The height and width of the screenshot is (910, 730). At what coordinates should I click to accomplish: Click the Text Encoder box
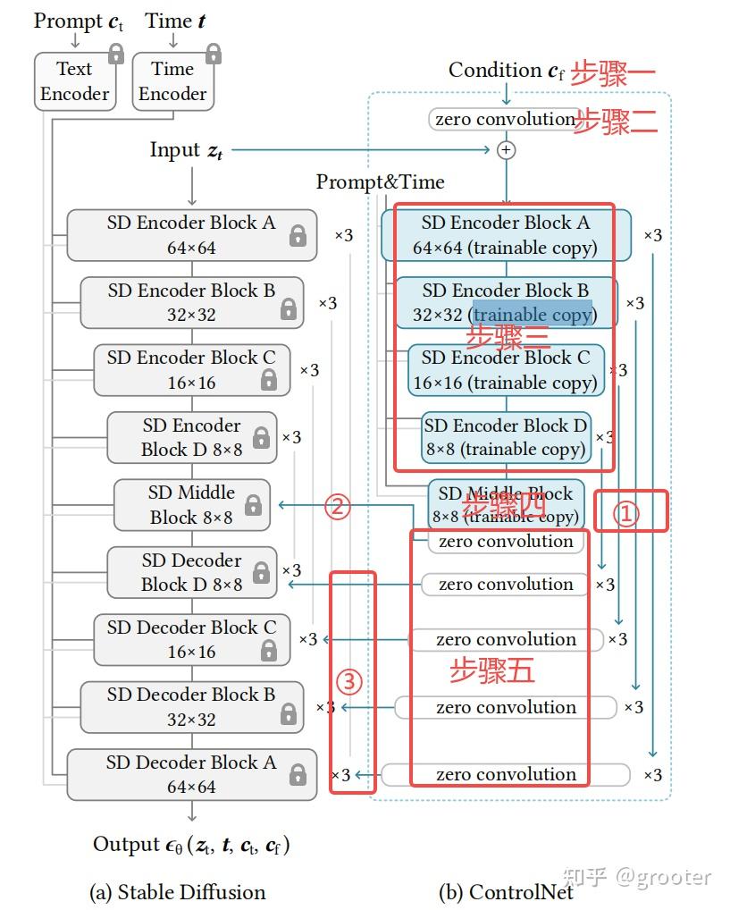point(75,81)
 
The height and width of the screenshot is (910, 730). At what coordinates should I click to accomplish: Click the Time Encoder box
point(172,81)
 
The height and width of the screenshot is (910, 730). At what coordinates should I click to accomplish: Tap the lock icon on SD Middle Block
point(253,505)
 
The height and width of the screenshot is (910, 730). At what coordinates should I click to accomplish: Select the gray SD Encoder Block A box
point(191,235)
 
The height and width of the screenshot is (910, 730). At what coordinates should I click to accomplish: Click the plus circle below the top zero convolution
point(506,150)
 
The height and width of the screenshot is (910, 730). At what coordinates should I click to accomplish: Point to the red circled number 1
point(628,513)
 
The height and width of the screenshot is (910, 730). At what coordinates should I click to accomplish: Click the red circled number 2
point(337,507)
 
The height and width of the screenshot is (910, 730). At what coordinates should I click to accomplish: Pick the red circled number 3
point(348,682)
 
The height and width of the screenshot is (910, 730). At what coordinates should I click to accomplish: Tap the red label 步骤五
point(492,671)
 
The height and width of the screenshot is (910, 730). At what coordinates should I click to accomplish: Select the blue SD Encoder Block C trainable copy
point(506,370)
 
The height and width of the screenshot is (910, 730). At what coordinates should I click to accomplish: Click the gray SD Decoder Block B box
point(191,706)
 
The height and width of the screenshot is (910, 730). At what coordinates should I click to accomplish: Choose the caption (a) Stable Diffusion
point(178,891)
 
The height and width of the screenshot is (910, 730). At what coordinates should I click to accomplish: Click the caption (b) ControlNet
point(505,891)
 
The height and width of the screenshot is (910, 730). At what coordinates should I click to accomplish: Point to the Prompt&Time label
point(380,182)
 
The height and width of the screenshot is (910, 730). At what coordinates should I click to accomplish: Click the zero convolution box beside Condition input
point(504,119)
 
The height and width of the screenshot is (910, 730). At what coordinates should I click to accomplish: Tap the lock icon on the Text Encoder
point(115,55)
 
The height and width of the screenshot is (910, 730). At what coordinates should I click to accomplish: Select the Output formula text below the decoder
point(191,845)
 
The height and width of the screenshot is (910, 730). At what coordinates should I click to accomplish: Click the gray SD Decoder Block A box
point(191,774)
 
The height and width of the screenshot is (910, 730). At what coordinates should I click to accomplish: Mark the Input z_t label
point(187,150)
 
